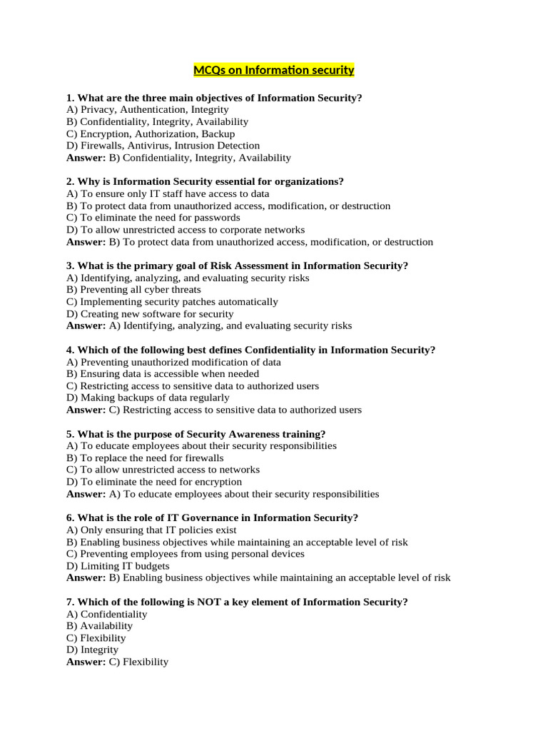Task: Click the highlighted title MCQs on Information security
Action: tap(274, 70)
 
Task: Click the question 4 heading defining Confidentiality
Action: tap(250, 350)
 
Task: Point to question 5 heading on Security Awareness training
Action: tap(196, 434)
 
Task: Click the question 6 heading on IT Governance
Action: tap(212, 518)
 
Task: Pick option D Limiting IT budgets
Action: tap(118, 566)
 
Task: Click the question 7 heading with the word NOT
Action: tap(237, 602)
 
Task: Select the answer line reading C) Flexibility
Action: tap(117, 662)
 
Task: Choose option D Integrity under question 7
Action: tap(92, 650)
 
